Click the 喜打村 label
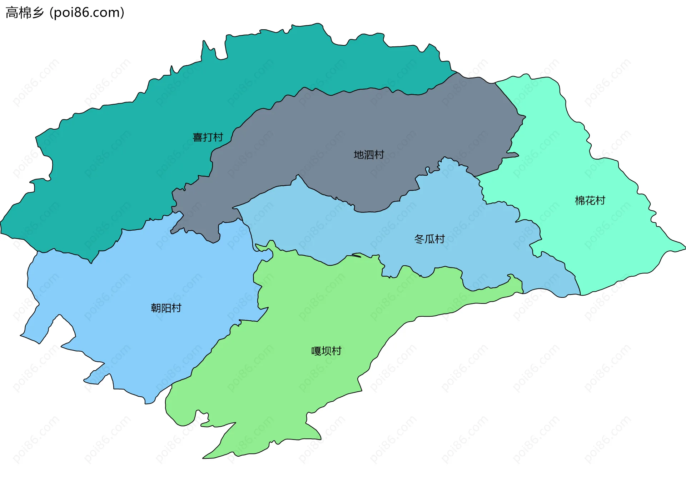[x=208, y=137]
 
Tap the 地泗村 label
[x=369, y=155]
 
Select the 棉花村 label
[x=590, y=201]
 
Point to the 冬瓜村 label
[x=429, y=239]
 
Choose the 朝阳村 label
[x=166, y=308]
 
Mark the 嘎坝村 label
[x=326, y=351]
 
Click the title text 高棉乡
[x=25, y=12]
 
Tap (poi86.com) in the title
[x=87, y=12]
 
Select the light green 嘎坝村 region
[x=304, y=386]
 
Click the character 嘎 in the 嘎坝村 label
[x=316, y=351]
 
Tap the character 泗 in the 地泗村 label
[x=369, y=155]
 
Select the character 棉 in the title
[x=25, y=12]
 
